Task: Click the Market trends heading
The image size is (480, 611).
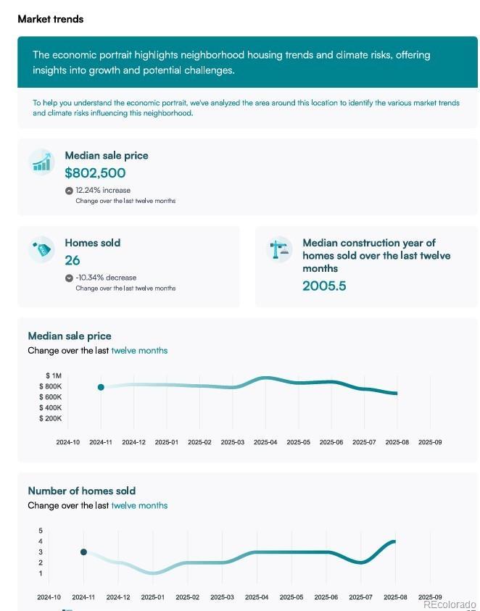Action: [50, 19]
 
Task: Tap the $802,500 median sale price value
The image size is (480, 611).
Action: [95, 173]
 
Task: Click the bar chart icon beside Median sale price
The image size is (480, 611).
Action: [42, 162]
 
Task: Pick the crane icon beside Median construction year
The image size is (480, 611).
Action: [278, 249]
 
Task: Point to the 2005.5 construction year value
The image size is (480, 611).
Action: [324, 286]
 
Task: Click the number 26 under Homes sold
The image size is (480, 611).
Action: [73, 260]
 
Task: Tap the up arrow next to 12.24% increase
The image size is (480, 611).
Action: [69, 191]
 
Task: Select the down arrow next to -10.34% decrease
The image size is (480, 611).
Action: [69, 278]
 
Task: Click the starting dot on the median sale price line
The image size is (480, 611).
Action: [101, 387]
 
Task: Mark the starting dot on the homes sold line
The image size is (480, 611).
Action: [83, 552]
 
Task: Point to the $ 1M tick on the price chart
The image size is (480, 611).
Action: [53, 375]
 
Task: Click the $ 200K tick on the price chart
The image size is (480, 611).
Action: [51, 419]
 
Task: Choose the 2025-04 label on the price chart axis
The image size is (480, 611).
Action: [265, 442]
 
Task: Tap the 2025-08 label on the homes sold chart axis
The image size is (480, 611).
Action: [395, 597]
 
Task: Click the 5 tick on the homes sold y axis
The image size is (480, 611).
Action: [41, 531]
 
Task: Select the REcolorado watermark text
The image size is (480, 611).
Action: [450, 604]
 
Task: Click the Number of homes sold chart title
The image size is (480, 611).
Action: [82, 491]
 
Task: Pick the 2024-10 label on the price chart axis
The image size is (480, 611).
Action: [68, 442]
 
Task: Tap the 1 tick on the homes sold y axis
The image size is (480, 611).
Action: [41, 573]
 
